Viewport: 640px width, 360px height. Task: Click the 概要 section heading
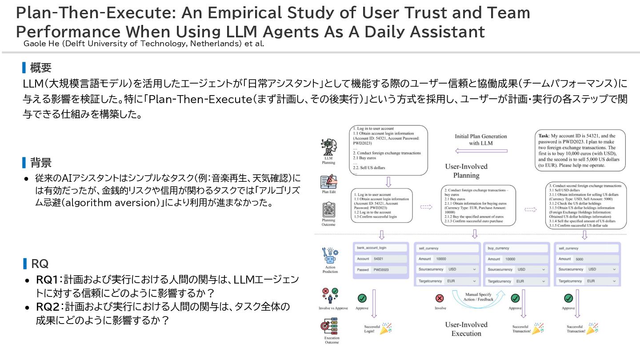40,68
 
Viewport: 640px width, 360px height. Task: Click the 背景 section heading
40,163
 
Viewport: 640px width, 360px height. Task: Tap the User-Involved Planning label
466,171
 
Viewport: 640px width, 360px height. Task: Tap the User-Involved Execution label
466,329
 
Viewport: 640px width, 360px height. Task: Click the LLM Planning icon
328,147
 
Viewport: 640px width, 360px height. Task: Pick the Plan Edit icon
328,182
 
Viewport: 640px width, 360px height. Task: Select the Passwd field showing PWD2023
380,269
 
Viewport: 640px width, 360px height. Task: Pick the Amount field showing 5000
587,259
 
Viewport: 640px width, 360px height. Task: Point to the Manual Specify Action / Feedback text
479,296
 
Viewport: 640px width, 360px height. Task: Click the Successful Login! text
372,329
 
